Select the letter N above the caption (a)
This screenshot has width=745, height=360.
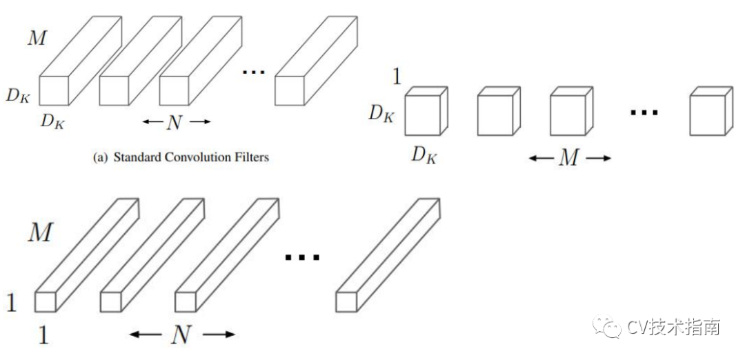click(175, 123)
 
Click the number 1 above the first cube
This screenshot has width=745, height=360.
click(396, 75)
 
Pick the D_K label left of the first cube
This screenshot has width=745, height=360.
click(381, 113)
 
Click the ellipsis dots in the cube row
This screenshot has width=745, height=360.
click(644, 111)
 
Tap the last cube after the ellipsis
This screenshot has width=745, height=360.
click(708, 112)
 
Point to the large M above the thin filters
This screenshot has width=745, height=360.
click(39, 233)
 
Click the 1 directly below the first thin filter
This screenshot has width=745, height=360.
click(43, 336)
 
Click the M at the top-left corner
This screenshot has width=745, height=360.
click(37, 37)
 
